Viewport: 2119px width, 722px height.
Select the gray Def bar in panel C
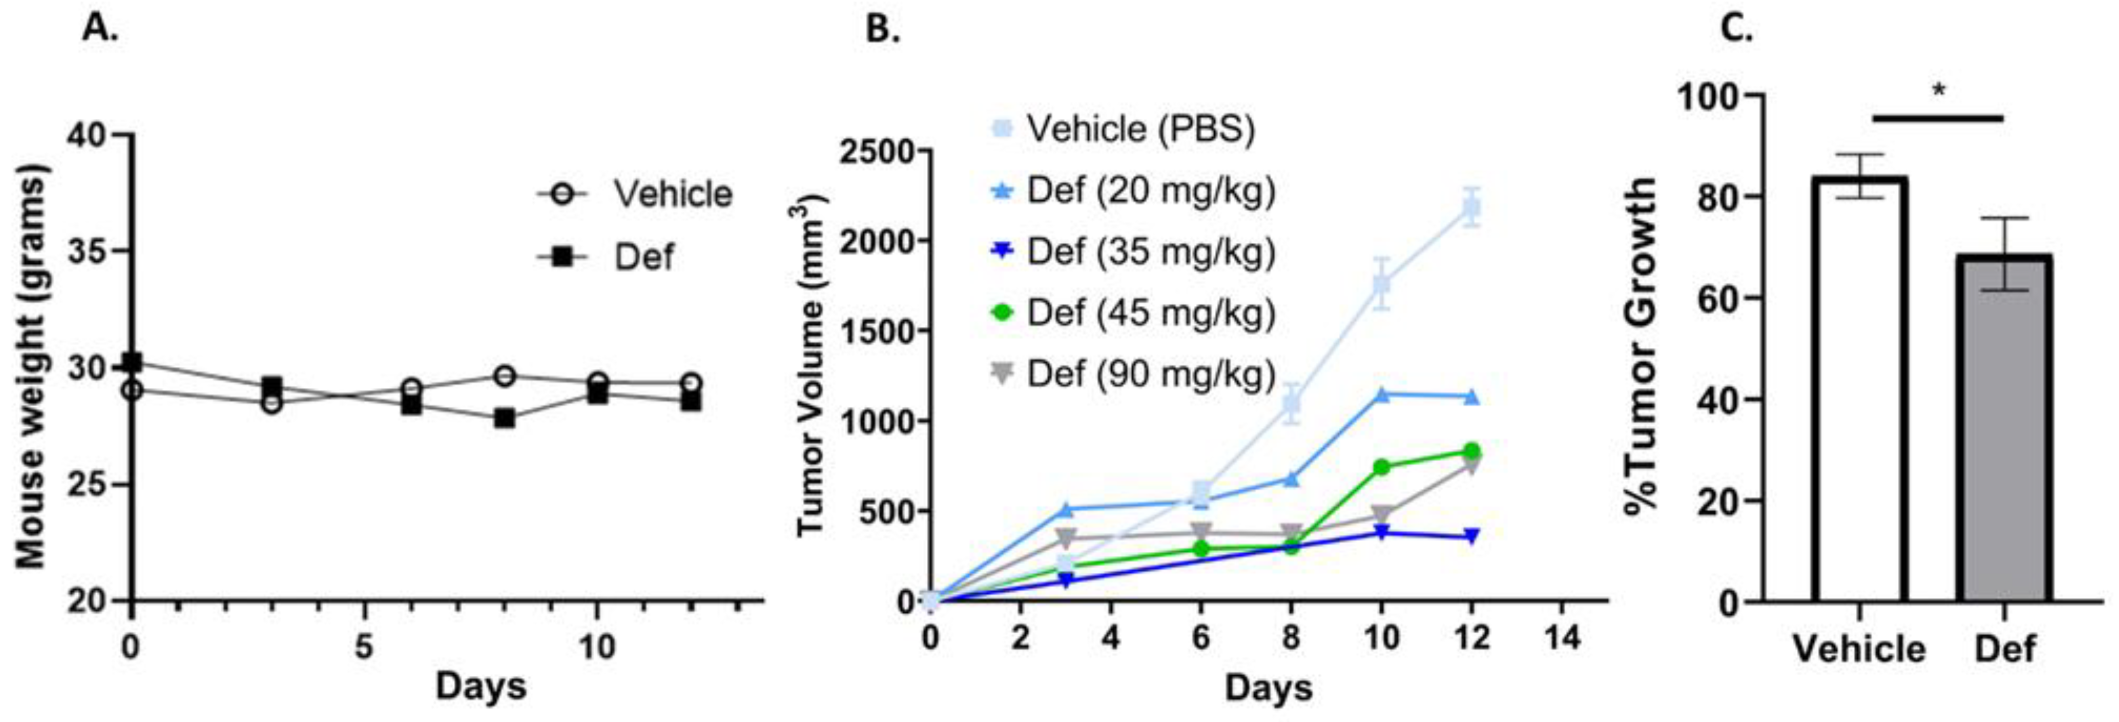[2004, 429]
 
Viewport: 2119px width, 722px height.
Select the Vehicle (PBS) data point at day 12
[1471, 208]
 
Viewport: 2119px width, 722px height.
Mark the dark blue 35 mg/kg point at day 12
[1471, 536]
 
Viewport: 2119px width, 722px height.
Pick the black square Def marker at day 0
[132, 362]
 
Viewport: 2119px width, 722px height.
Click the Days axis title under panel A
[480, 686]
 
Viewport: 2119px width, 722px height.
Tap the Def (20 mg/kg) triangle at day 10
[1382, 396]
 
